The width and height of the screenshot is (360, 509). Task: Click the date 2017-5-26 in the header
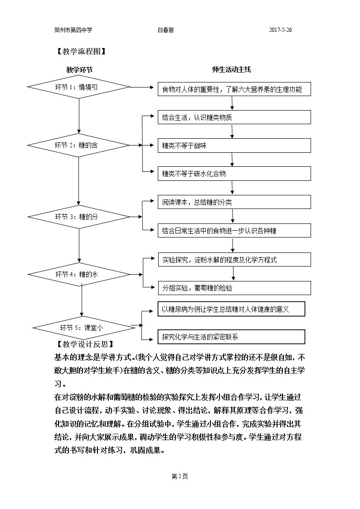[280, 30]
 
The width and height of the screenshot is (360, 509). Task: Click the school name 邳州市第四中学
[73, 30]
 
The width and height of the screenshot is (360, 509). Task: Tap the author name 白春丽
[165, 30]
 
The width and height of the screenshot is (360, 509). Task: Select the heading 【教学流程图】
[81, 51]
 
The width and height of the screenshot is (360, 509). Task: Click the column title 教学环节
[79, 70]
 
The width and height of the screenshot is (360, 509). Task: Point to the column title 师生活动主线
[231, 69]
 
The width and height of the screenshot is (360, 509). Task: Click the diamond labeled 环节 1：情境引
[78, 87]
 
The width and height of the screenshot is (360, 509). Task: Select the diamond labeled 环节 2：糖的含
[78, 145]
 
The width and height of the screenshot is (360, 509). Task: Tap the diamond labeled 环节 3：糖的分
[79, 217]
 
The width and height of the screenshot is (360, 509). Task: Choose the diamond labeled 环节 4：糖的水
[79, 274]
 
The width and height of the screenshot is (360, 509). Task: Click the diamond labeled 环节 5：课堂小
[84, 328]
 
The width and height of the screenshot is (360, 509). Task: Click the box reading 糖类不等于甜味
[234, 146]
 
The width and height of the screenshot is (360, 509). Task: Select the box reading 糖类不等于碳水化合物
[234, 174]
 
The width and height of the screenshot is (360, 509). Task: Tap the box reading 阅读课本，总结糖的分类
[234, 202]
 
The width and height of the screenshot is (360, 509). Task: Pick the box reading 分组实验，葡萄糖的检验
[234, 288]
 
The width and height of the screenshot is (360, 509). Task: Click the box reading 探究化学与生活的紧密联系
[231, 337]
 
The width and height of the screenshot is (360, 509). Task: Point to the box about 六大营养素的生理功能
[234, 89]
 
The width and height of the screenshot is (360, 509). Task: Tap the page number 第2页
[180, 476]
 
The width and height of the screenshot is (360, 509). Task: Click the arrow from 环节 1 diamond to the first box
[142, 87]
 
